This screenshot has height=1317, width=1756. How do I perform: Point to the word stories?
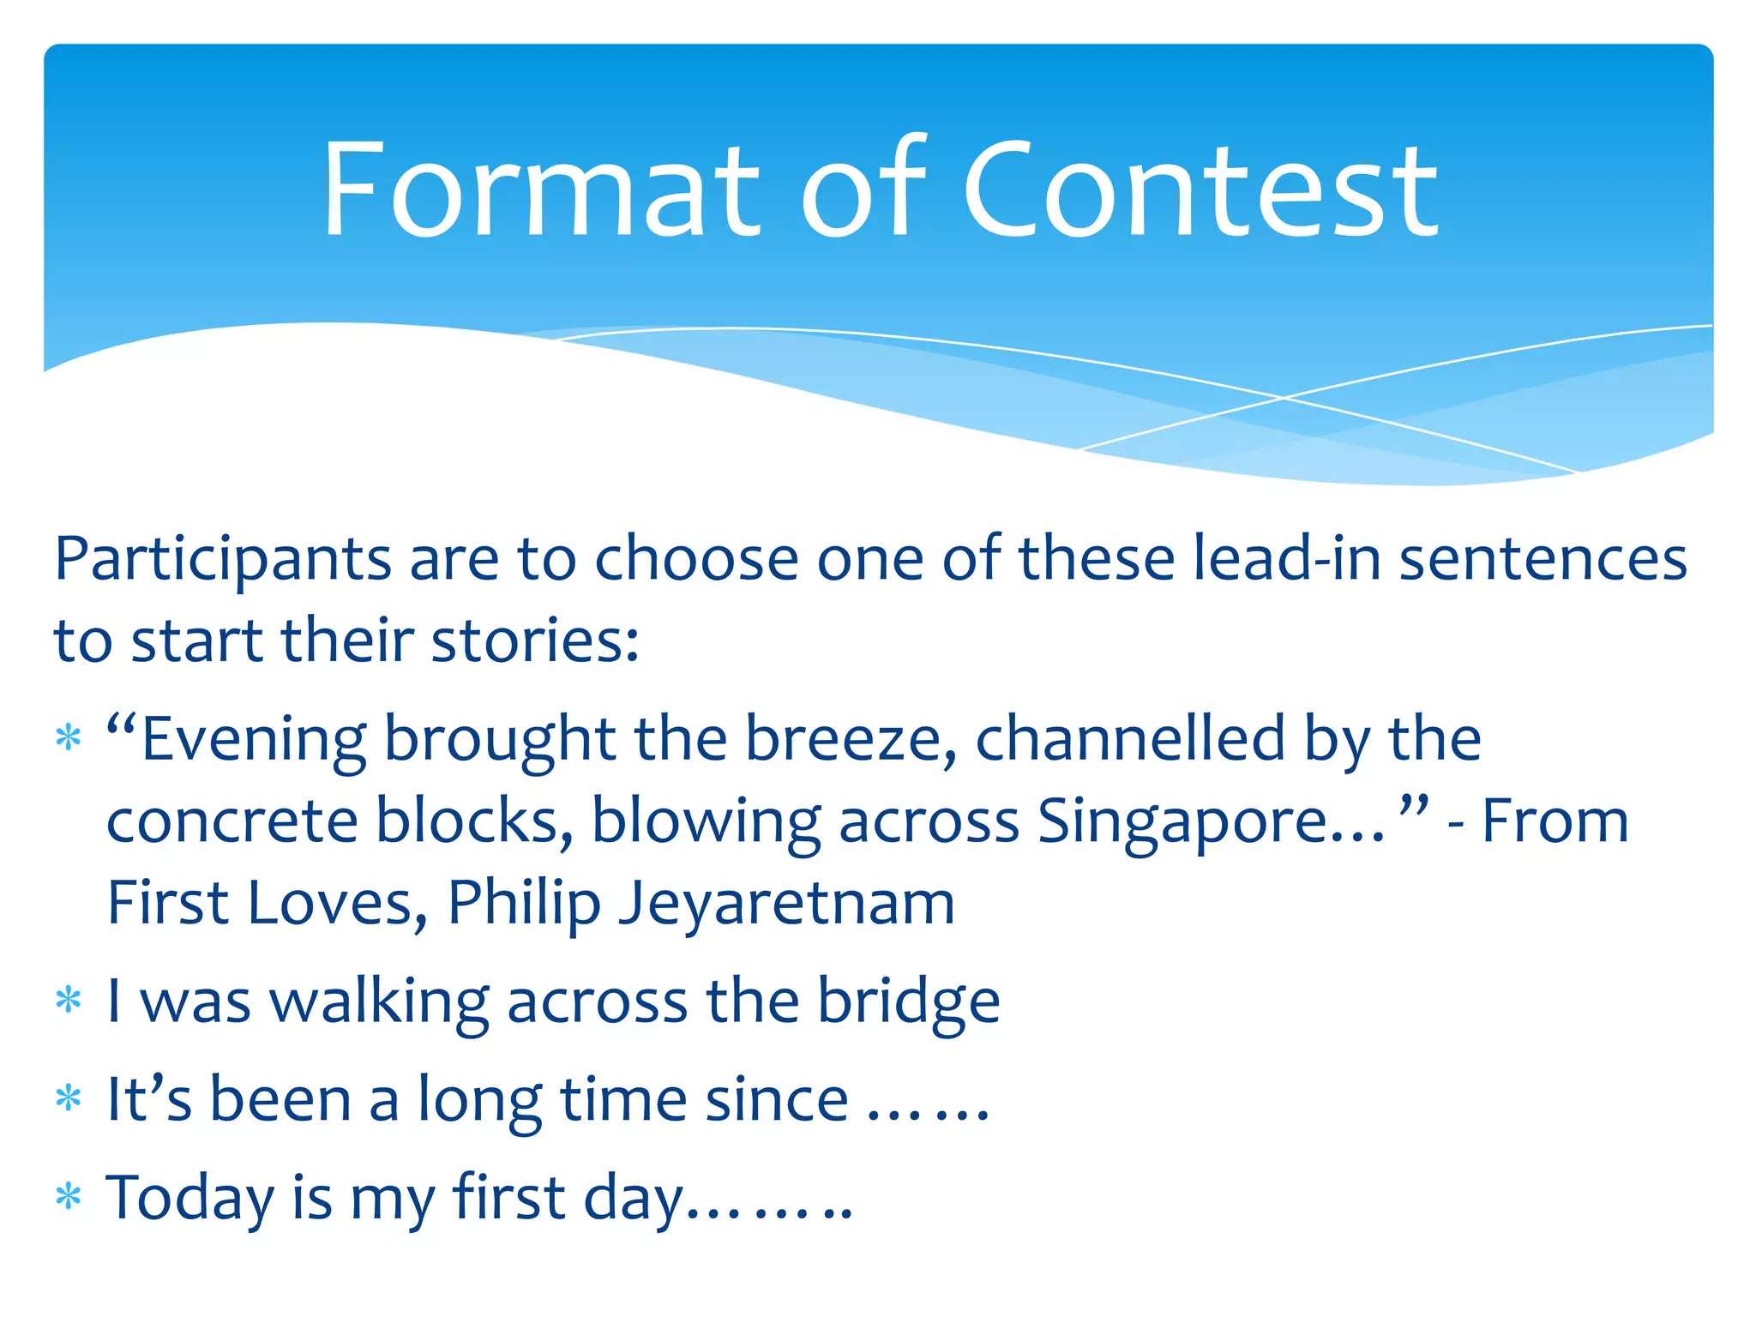pos(534,641)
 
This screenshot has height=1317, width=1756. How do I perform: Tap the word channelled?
pos(1130,739)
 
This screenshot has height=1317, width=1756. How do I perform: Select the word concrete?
pos(232,821)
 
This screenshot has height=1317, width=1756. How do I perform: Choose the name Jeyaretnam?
pos(787,905)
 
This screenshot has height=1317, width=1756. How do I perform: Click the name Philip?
pos(524,905)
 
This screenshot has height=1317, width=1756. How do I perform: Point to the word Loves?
pos(330,904)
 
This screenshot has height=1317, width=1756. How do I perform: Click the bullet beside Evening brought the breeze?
pos(69,738)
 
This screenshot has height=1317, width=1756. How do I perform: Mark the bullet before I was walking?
pos(69,1001)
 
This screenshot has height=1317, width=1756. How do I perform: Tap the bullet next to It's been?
pos(69,1099)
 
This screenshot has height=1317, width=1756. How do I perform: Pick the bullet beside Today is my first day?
pos(69,1197)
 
